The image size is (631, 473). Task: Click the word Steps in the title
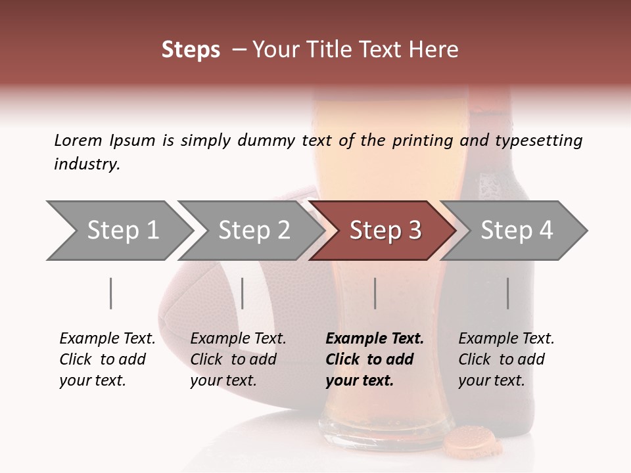coord(191,50)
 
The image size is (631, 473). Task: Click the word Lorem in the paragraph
coord(78,140)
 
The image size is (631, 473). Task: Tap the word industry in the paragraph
coord(86,164)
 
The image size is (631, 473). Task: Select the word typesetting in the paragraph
coord(538,141)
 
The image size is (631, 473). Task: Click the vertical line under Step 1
coord(111,293)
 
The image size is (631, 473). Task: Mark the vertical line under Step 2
coord(243,293)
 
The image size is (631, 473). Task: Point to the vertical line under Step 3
coord(375,293)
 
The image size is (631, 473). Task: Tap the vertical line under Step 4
coord(508,293)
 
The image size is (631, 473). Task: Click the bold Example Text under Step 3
coord(375,339)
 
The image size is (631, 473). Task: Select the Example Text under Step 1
coord(107,339)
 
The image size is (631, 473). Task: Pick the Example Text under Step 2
coord(238,339)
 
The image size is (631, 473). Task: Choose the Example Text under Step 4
coord(506,339)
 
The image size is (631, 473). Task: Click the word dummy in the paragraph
coord(273,141)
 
